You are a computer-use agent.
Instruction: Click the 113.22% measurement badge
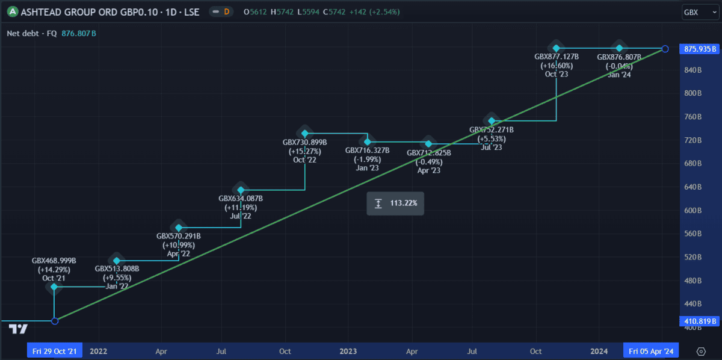pos(395,203)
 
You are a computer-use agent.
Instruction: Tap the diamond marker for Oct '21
pos(54,287)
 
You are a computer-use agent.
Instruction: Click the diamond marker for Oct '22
pos(305,133)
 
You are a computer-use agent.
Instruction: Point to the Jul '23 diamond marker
pos(492,121)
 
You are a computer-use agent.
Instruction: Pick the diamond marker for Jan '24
pos(619,48)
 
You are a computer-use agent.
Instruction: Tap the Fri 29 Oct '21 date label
pos(54,351)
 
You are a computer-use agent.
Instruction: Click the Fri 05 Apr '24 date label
pos(651,351)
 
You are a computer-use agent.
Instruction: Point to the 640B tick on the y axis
pos(694,187)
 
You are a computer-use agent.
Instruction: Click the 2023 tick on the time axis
pos(348,351)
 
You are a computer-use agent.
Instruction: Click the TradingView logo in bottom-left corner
pos(19,329)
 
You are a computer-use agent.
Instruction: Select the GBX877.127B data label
pos(557,57)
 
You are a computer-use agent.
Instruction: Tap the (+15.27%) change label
pos(305,151)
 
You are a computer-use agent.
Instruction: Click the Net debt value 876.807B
pos(78,34)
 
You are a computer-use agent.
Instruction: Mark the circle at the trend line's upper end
pos(665,49)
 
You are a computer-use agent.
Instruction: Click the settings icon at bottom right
pos(701,351)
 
